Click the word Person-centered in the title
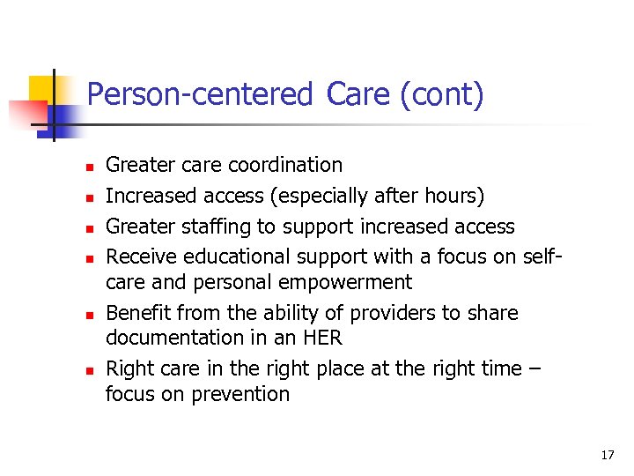(x=200, y=94)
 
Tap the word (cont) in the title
(x=441, y=94)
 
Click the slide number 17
(x=607, y=455)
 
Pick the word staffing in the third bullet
(x=216, y=227)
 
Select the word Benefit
(x=138, y=313)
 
